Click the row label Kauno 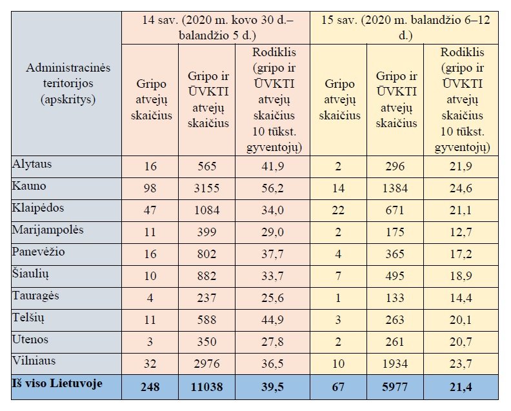click(x=29, y=186)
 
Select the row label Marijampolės click(x=48, y=230)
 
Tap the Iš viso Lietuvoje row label click(x=57, y=383)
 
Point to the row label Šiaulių click(x=30, y=274)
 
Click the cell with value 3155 click(x=206, y=188)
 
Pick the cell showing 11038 click(x=206, y=387)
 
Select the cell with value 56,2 click(x=272, y=188)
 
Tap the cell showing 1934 click(x=395, y=363)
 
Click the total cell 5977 click(x=395, y=387)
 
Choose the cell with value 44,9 click(x=272, y=320)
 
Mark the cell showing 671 click(x=395, y=210)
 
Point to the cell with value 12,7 click(x=461, y=232)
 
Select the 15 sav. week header click(x=405, y=27)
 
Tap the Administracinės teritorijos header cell click(x=68, y=83)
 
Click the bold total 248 click(x=150, y=387)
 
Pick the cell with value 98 click(x=150, y=188)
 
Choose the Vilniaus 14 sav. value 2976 click(x=206, y=363)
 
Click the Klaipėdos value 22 click(x=338, y=210)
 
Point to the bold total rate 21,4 click(x=461, y=387)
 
